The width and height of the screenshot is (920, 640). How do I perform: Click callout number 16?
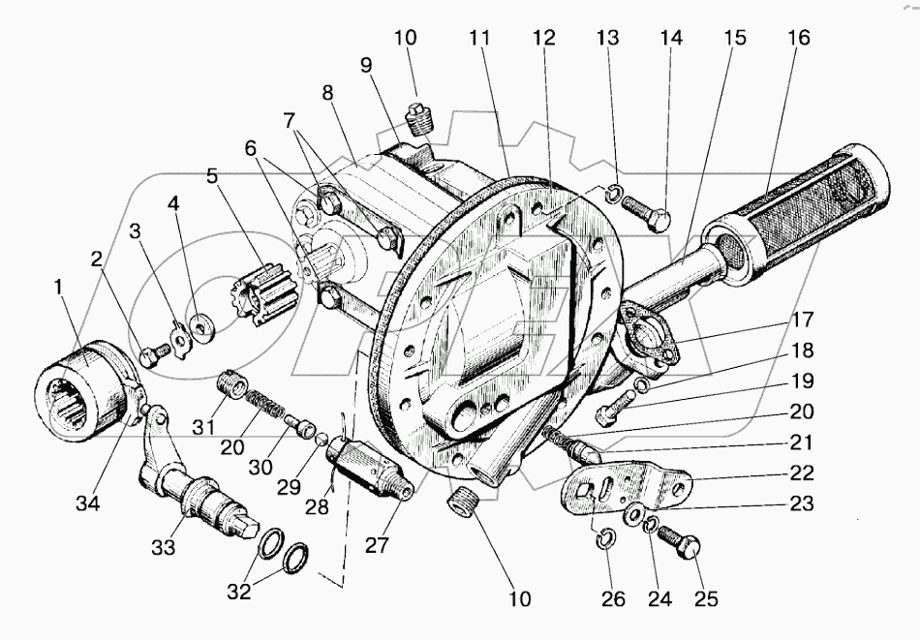(799, 38)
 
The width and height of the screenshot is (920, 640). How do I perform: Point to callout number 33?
(163, 547)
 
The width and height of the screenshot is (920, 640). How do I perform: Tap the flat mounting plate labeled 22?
(629, 484)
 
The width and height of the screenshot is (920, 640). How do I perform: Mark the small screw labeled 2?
(148, 355)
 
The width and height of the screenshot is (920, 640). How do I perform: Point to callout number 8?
(327, 95)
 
